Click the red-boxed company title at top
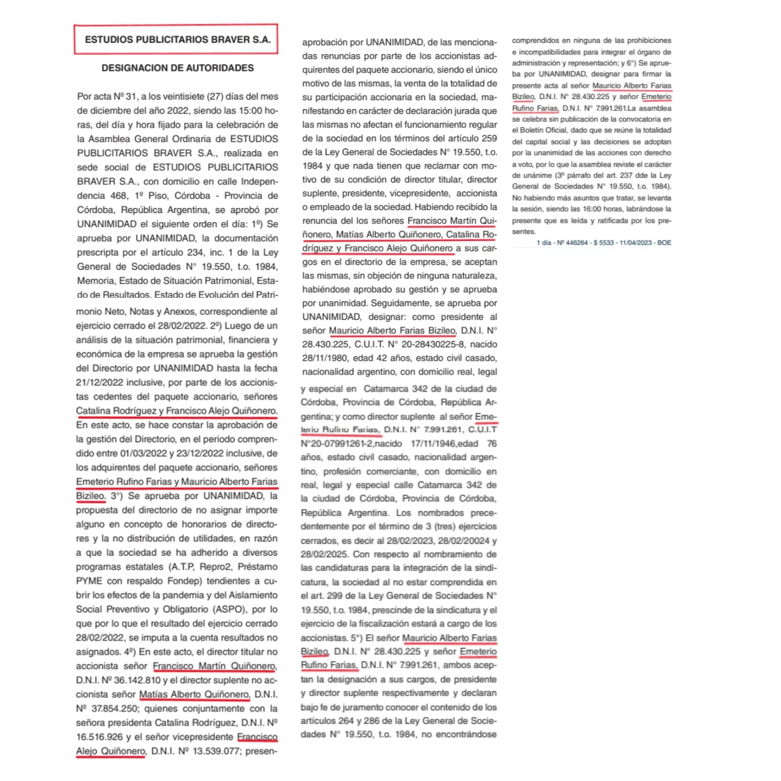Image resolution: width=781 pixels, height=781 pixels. click(177, 40)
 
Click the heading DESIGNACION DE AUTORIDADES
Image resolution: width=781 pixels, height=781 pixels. click(178, 68)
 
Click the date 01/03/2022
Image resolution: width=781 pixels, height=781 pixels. click(143, 453)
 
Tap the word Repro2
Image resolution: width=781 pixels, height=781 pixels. click(215, 567)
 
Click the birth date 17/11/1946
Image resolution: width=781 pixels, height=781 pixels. click(433, 444)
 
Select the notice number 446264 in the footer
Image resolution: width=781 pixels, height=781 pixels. click(577, 243)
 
